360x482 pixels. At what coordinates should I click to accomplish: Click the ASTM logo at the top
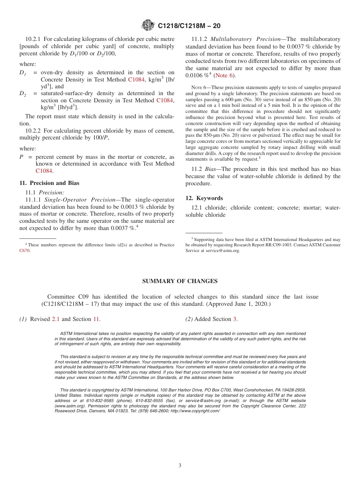click(148, 25)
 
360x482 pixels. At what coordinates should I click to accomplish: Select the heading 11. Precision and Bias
click(49, 183)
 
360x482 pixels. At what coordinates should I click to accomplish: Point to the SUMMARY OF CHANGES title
click(180, 281)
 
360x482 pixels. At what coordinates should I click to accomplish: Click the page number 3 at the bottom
click(180, 465)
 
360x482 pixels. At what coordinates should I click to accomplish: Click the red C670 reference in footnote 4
click(25, 250)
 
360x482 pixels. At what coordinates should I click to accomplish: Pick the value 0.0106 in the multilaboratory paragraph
click(194, 75)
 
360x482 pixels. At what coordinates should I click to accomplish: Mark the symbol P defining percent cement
click(22, 157)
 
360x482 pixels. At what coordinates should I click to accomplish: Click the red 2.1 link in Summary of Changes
click(56, 319)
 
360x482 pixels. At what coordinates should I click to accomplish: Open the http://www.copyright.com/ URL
click(195, 411)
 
